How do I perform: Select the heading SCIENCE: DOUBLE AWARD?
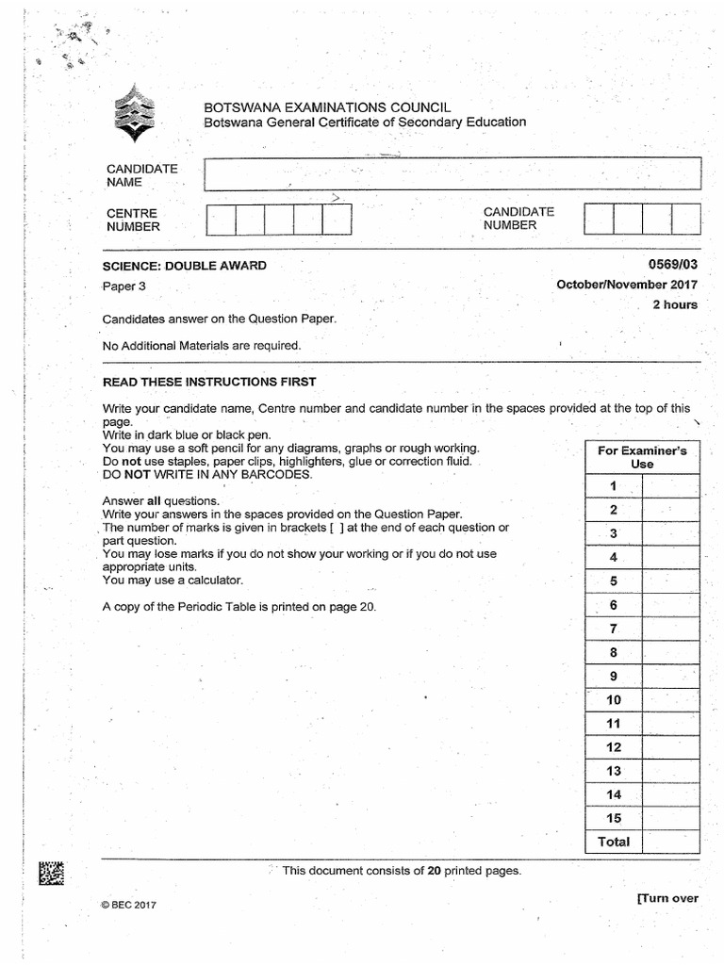(185, 266)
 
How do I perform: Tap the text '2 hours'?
(675, 304)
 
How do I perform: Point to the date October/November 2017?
(627, 285)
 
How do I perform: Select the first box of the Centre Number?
(221, 220)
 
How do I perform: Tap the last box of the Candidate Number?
(685, 219)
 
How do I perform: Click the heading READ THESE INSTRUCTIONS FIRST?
(209, 382)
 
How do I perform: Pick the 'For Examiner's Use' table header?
(642, 457)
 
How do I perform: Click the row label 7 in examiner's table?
(613, 629)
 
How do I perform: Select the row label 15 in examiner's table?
(614, 818)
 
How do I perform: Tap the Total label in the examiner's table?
(614, 842)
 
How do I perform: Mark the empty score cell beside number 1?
(670, 486)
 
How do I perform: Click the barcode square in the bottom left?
(52, 875)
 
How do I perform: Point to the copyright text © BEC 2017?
(128, 905)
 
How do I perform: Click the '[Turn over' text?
(667, 898)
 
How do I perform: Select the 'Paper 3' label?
(124, 286)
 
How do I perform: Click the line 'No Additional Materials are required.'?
(202, 345)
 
